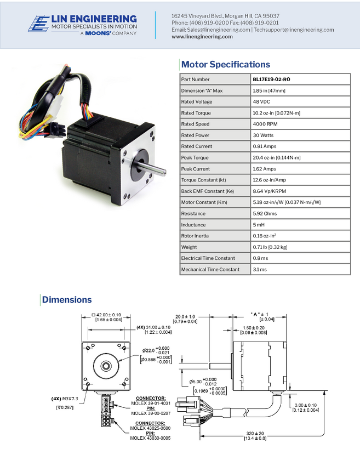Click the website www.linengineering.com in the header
(x=202, y=37)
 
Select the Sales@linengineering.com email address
(x=210, y=30)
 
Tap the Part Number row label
(x=195, y=79)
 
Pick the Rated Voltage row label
(x=196, y=102)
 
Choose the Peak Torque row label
(x=195, y=158)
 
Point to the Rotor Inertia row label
(x=195, y=236)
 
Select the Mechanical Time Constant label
(x=210, y=269)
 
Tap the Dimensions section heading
(x=67, y=300)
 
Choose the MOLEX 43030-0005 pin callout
(x=151, y=438)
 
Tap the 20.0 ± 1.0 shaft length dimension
(x=186, y=317)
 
